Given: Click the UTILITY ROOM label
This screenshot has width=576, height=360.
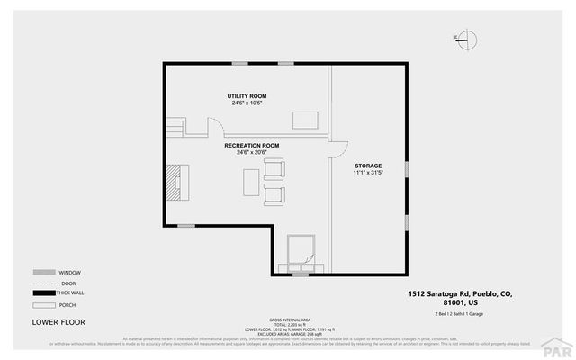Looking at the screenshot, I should click(x=246, y=95).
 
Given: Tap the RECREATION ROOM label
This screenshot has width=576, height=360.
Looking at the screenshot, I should click(x=251, y=145).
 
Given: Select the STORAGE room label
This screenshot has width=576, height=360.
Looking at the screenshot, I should click(x=367, y=166).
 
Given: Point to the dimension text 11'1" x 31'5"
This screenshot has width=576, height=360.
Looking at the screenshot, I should click(x=367, y=174).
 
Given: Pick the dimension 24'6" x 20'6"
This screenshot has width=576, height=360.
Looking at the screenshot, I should click(x=251, y=152).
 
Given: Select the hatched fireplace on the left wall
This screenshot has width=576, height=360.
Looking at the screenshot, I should click(x=171, y=182).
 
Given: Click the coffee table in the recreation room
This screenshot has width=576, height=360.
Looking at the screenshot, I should click(x=249, y=182).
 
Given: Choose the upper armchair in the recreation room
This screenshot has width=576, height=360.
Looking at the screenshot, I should click(x=274, y=168).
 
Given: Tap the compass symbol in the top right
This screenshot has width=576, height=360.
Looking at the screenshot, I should click(x=467, y=38).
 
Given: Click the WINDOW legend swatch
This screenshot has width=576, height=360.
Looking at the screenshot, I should click(x=43, y=272).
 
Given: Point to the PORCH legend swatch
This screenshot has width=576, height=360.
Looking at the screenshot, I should click(x=43, y=304).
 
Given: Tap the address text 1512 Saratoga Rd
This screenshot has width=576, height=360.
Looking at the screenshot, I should click(x=460, y=293).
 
